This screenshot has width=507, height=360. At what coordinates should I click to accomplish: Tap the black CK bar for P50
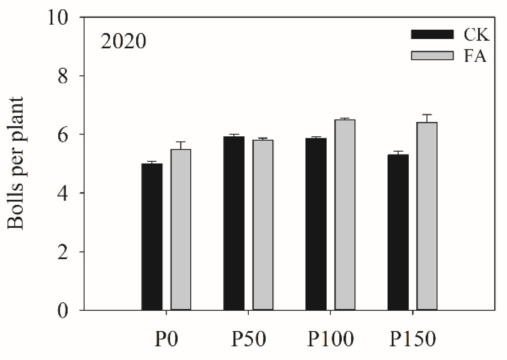[x=234, y=223]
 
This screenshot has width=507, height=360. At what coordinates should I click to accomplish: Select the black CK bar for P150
[x=398, y=232]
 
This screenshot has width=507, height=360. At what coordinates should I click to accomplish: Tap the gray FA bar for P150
[x=427, y=216]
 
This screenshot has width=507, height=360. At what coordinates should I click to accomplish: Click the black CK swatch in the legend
[x=432, y=34]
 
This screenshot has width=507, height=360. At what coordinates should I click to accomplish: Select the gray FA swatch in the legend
[x=432, y=56]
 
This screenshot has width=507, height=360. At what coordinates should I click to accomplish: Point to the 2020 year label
[x=123, y=41]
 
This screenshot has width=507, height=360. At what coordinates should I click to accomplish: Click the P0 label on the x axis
[x=166, y=339]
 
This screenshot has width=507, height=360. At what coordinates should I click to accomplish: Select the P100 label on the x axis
[x=331, y=339]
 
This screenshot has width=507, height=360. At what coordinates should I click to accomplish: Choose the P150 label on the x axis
[x=412, y=339]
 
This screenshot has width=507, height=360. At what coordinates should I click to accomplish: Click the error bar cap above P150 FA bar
[x=427, y=114]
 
